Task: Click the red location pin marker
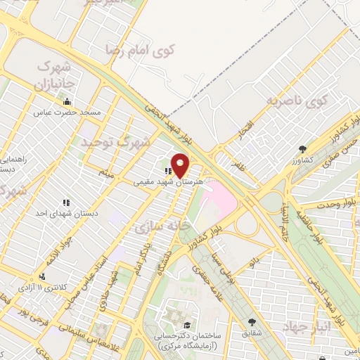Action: (181, 165)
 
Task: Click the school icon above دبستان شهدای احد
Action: (65, 202)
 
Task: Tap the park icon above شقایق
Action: (252, 322)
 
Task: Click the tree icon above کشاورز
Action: (302, 149)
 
